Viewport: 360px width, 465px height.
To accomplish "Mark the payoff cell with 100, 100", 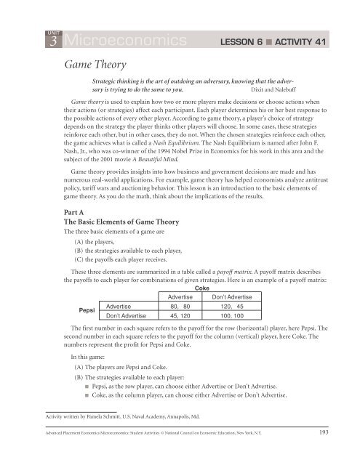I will click(236, 316).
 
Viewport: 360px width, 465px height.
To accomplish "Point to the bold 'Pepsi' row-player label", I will click(76, 311).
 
